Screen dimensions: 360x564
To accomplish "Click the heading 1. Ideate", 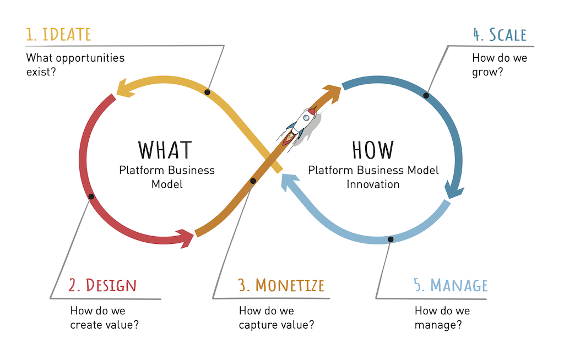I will tap(58, 34).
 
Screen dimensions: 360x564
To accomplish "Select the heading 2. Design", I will tap(102, 285).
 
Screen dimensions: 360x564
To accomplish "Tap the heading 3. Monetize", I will tap(281, 285).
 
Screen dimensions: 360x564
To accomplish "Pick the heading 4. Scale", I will tap(500, 34).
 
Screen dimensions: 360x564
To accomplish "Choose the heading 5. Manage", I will tap(451, 285).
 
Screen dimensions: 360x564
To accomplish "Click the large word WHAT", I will tap(165, 150).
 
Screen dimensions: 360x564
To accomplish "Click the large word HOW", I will tap(373, 150).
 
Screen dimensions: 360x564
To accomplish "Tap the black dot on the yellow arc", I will tap(207, 92).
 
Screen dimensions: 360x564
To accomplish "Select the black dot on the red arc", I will tap(91, 197).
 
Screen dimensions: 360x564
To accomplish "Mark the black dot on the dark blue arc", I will tap(426, 95).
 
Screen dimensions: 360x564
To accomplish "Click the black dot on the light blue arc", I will tap(391, 239).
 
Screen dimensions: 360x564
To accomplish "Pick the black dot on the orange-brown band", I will tap(253, 181).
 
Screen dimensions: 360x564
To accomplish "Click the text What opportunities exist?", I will tap(75, 64).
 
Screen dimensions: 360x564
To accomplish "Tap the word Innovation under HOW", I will tap(373, 184).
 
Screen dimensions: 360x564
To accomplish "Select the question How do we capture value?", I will tap(276, 318).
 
